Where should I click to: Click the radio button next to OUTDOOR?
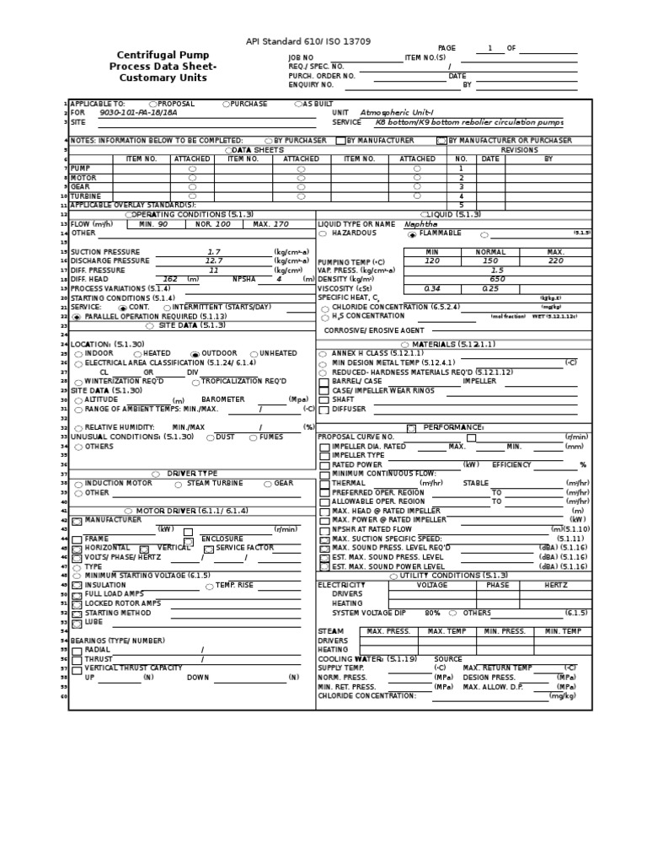click(x=195, y=354)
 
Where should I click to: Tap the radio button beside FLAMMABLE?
click(x=412, y=234)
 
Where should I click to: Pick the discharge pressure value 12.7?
click(x=214, y=260)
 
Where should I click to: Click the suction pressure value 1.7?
click(x=214, y=251)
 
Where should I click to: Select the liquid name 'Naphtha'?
click(x=421, y=224)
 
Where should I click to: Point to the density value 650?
click(x=497, y=279)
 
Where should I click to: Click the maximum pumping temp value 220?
click(x=555, y=261)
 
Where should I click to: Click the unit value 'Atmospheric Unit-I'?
click(x=398, y=112)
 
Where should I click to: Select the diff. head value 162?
click(x=170, y=279)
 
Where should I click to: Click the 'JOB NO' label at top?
click(x=301, y=58)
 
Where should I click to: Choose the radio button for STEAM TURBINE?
click(x=178, y=484)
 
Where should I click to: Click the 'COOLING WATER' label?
click(x=345, y=659)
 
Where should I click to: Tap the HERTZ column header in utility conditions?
click(x=555, y=584)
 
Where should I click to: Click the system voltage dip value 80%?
click(x=433, y=613)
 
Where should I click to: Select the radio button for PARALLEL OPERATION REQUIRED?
click(x=77, y=317)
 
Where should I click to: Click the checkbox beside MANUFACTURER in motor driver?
click(x=77, y=521)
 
